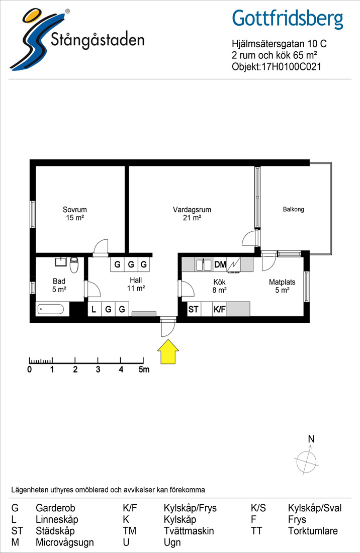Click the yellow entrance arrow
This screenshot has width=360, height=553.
pos(168,351)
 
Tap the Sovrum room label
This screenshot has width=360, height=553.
pos(75,210)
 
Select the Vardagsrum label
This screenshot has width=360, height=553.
pos(192,210)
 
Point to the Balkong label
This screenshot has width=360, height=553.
pos(293,209)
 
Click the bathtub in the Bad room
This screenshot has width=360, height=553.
pos(51,309)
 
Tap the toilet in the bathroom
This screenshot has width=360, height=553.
pos(74,265)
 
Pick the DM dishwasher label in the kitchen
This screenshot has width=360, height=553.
pos(220,264)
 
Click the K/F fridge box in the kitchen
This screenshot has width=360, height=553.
pos(219,309)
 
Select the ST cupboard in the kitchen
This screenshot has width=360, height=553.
pos(193,309)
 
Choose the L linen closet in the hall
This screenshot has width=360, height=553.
pos(94,309)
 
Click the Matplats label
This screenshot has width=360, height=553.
pos(282,282)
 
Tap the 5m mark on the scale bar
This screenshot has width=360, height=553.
pos(144,370)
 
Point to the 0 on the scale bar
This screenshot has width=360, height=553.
pos(29,370)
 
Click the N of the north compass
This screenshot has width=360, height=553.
pos(311,439)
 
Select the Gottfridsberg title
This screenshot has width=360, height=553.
pos(288,19)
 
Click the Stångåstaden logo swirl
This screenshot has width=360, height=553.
pos(31,40)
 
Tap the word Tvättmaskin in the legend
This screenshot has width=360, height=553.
pos(189,531)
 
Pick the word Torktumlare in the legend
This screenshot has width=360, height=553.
pos(313,531)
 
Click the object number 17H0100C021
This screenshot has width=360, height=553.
pos(291,67)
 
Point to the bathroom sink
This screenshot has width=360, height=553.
pos(61,262)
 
